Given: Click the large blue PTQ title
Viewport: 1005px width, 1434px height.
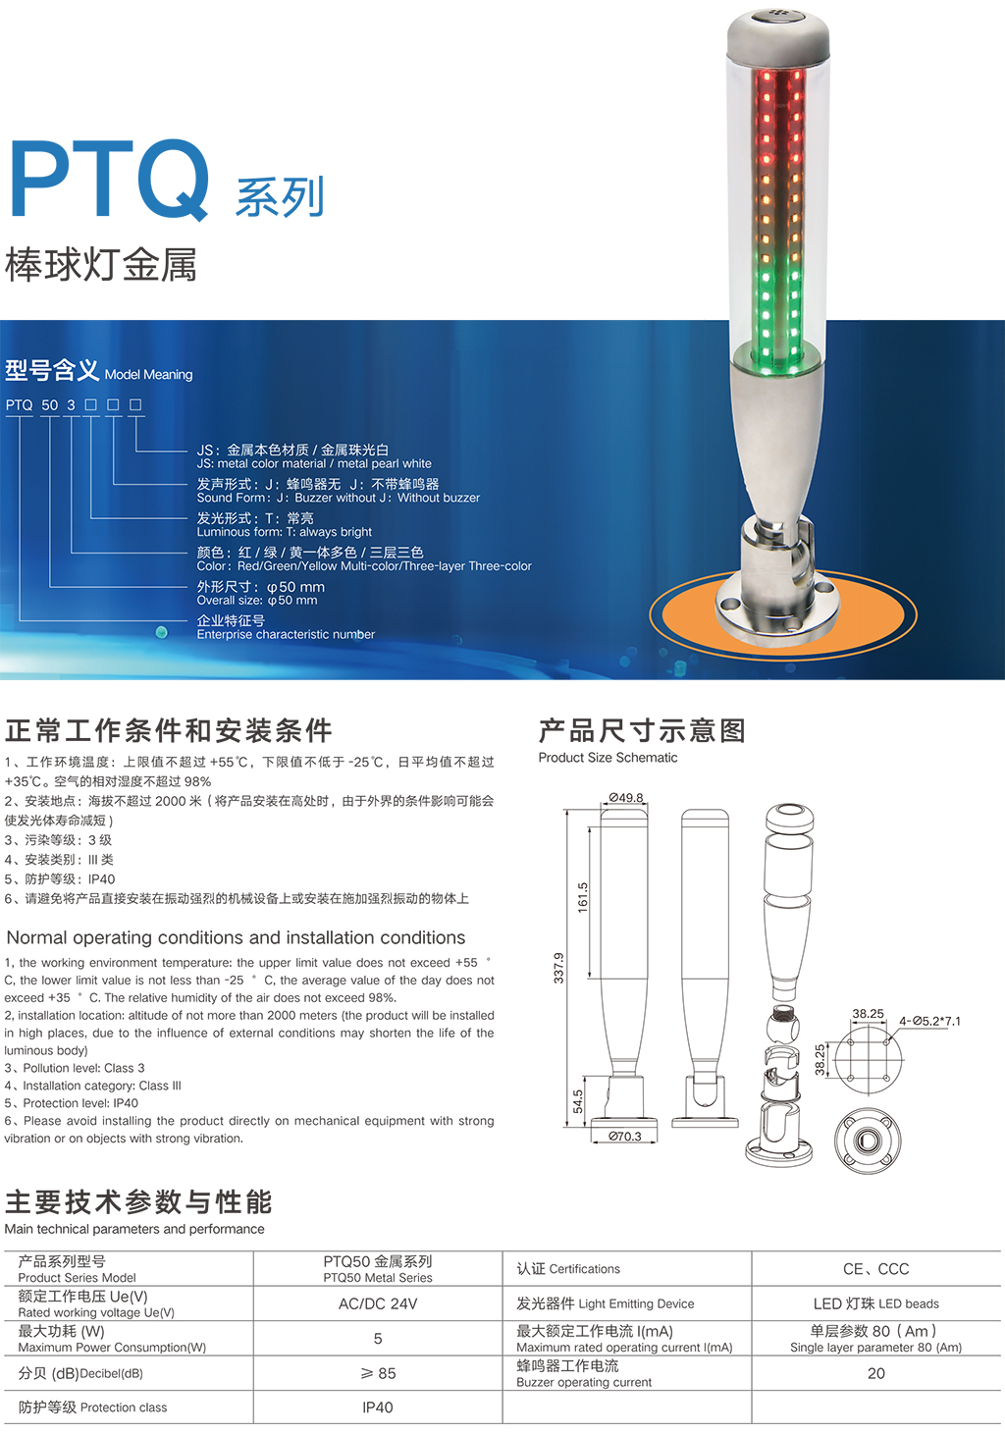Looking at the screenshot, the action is pos(110,180).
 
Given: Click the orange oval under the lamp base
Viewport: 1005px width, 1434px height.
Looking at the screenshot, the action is pos(783,614).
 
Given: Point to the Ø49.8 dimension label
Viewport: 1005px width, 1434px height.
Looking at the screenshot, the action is pos(625,798).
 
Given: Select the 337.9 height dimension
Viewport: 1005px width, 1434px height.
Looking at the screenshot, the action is pos(558,968).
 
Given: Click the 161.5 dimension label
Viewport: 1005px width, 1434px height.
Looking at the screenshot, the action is pos(583,897).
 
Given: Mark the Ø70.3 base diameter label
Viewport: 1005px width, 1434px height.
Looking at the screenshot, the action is pos(625,1137).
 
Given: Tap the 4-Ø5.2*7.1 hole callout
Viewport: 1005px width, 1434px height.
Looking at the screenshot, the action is pos(929,1021).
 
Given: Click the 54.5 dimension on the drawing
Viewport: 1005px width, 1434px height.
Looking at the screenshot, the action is pos(578,1101).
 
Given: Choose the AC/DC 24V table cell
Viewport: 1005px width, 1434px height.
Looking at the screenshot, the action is pos(378,1304).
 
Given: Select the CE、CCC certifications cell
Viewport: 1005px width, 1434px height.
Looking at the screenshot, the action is pos(875,1269).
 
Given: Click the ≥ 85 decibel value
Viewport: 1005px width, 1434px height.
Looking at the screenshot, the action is pos(378,1373).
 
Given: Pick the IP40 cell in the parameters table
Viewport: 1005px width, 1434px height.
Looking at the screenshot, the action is pos(378,1407).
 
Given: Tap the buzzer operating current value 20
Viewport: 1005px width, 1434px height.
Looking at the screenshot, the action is pos(875,1373).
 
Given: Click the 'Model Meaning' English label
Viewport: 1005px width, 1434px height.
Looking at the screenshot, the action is pos(148,375).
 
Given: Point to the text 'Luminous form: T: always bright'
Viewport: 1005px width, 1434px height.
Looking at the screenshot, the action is pos(285,531).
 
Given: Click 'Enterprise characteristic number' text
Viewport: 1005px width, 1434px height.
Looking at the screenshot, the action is pos(286,634).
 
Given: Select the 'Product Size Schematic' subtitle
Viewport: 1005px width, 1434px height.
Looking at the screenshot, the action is pos(608,758).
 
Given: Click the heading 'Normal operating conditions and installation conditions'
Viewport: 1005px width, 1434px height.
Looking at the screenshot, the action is pos(236,938).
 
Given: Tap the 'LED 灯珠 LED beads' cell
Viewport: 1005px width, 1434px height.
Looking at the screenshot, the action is pos(875,1304).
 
